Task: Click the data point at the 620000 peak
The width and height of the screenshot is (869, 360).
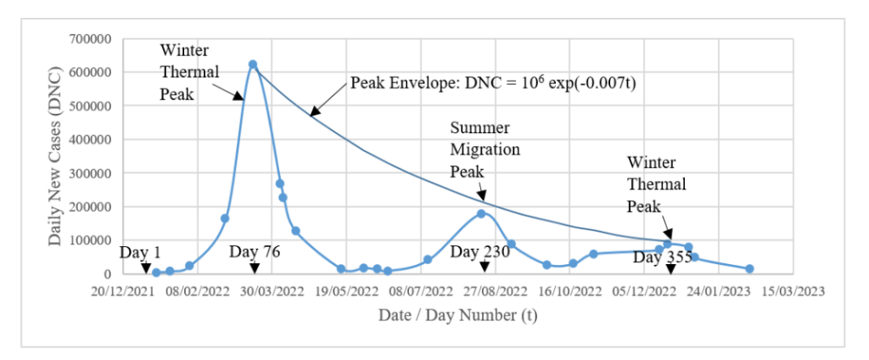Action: pyautogui.click(x=253, y=65)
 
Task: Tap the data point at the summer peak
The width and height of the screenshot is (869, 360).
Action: pyautogui.click(x=481, y=213)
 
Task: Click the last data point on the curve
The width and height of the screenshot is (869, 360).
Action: pyautogui.click(x=749, y=268)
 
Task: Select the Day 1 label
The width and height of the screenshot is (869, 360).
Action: pyautogui.click(x=141, y=252)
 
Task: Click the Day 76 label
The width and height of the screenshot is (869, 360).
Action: pyautogui.click(x=255, y=252)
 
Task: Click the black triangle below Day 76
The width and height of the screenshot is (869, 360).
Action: pyautogui.click(x=255, y=268)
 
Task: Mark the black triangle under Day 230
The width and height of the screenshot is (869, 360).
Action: pyautogui.click(x=485, y=267)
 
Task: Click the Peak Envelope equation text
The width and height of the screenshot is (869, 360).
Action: pyautogui.click(x=493, y=83)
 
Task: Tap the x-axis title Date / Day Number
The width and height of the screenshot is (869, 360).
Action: pyautogui.click(x=457, y=315)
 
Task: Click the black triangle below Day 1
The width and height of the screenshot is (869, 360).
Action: pyautogui.click(x=147, y=268)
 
